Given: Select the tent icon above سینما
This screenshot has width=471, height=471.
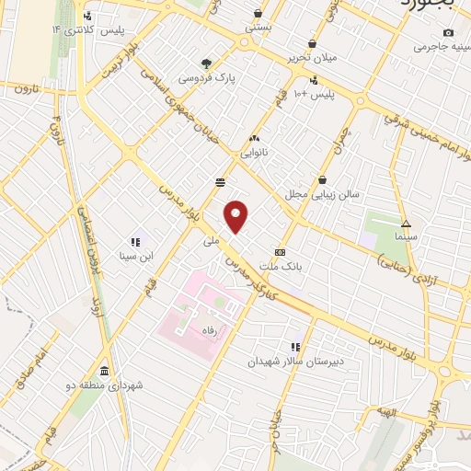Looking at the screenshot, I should pos(405,224).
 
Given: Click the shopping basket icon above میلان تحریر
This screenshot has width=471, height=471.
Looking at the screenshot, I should pos(313,43).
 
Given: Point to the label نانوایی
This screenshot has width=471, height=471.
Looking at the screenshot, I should pos(254,154).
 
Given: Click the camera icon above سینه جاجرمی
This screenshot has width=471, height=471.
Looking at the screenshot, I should pos(448,31).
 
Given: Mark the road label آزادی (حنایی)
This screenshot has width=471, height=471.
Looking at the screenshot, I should pos(409,268).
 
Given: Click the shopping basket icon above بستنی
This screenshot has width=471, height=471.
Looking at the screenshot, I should pos(257,14).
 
